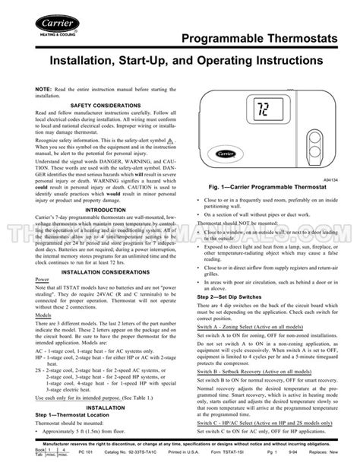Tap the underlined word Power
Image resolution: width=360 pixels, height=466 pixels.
point(25,300)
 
